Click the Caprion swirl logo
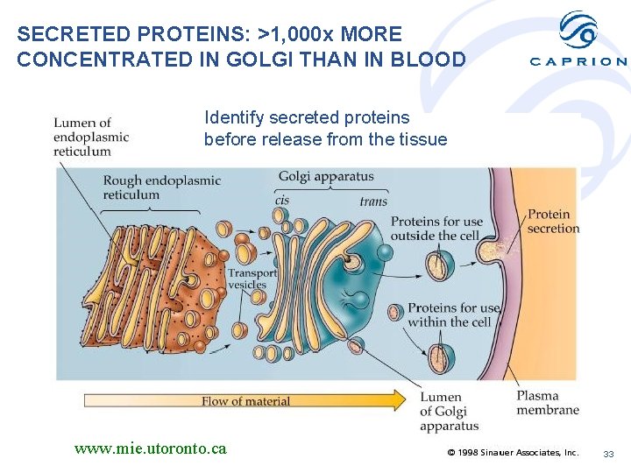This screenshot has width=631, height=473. tap(578, 31)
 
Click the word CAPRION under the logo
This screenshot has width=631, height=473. tap(578, 61)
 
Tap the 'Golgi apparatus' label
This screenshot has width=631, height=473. tap(326, 177)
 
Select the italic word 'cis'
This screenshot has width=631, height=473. tap(282, 201)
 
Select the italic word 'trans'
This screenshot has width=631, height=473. tap(373, 201)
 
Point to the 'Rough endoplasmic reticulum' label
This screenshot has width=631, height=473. tap(161, 187)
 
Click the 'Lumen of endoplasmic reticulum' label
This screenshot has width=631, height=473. tap(90, 137)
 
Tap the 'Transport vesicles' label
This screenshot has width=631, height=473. tap(252, 279)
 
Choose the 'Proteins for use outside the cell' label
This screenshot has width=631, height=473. tap(436, 229)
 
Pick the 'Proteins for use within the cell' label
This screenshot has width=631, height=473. tap(453, 314)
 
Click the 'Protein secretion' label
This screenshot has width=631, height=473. tap(553, 221)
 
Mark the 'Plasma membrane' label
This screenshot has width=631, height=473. tap(548, 403)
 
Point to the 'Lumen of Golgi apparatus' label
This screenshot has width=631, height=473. tap(449, 412)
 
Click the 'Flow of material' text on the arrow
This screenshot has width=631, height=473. tap(245, 401)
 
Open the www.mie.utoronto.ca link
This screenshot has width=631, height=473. tap(151, 448)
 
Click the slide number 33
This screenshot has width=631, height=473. tap(608, 453)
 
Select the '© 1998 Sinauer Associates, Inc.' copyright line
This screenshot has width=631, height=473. tap(513, 453)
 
